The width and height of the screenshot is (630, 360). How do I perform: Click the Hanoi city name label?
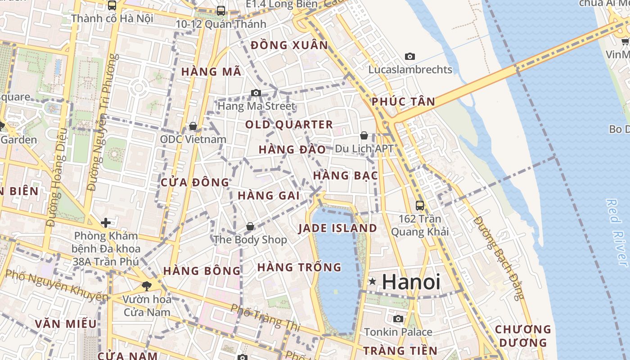point(411,282)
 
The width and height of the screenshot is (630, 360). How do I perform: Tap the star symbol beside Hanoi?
point(372,282)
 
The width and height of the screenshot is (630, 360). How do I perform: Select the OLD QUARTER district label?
point(289,125)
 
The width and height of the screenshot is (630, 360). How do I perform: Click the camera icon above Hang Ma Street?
point(256,93)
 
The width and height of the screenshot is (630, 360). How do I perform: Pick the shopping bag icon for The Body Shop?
point(250,226)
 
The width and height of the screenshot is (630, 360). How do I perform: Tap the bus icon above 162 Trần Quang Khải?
point(420,206)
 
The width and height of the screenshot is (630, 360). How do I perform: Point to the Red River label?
point(617,233)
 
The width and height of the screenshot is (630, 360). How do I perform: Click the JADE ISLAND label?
point(337,228)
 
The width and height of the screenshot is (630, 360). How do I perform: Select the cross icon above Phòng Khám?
point(106,223)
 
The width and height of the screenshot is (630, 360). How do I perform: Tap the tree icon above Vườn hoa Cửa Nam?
point(146,285)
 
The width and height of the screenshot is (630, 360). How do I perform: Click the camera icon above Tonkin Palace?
point(398,319)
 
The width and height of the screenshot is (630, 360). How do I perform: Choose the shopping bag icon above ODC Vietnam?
point(193,126)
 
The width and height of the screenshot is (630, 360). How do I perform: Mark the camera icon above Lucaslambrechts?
point(409,57)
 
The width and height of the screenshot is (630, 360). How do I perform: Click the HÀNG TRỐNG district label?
point(299,267)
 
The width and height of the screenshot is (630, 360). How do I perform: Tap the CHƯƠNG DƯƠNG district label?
point(523,336)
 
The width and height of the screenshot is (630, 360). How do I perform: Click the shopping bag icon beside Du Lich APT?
point(364,135)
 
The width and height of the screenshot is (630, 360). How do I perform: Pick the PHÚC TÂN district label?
point(403,102)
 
